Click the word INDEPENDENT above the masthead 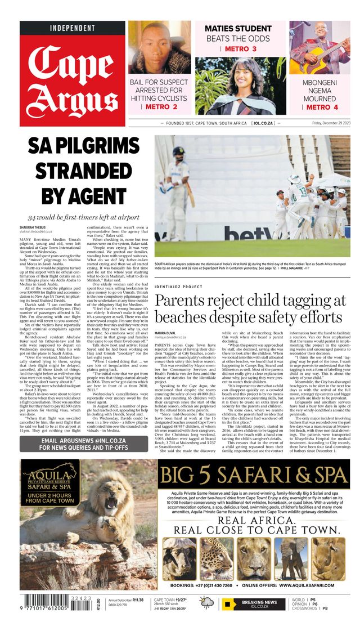pyautogui.click(x=73, y=28)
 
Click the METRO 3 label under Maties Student pyautogui.click(x=238, y=50)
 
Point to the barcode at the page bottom pyautogui.click(x=51, y=603)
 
